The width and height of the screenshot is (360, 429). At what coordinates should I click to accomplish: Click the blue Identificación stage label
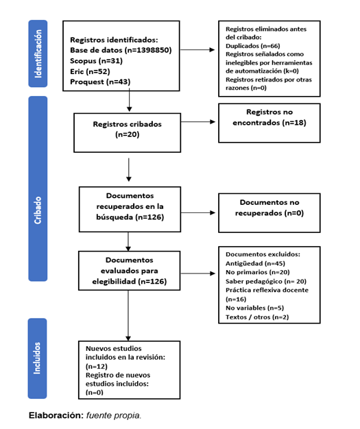(38, 53)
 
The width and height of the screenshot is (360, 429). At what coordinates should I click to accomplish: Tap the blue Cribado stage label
(38, 188)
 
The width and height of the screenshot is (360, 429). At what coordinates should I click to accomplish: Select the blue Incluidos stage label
(37, 358)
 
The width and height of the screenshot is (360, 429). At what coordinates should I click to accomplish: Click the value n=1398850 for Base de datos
(148, 50)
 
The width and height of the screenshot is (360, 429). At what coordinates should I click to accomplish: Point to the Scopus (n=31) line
(96, 61)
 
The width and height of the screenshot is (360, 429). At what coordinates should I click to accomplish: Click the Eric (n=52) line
(90, 71)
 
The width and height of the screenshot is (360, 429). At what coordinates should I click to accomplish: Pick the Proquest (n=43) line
(100, 82)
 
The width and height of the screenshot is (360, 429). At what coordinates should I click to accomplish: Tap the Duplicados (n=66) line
(252, 46)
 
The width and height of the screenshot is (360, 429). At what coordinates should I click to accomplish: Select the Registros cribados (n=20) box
(128, 133)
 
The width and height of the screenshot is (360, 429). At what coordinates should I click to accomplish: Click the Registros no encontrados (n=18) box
(269, 123)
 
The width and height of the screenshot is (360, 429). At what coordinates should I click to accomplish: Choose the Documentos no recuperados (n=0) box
(269, 213)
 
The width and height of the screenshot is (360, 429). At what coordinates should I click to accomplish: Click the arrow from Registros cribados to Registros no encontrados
(198, 122)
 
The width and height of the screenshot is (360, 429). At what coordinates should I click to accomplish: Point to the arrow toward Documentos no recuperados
(198, 212)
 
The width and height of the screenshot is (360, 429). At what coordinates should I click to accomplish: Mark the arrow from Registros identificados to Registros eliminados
(197, 50)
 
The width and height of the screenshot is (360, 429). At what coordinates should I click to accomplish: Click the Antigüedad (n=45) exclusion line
(255, 263)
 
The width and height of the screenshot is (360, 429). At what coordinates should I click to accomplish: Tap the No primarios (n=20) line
(258, 272)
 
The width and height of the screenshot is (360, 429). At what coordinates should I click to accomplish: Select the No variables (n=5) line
(254, 308)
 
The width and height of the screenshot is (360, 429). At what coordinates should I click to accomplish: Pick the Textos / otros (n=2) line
(257, 317)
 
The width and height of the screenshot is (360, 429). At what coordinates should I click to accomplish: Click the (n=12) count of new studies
(97, 367)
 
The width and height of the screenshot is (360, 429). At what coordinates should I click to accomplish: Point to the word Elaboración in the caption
(56, 415)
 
